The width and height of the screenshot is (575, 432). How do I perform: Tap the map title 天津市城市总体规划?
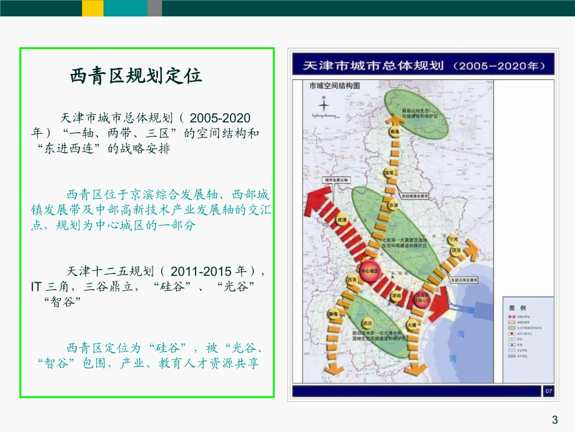click(370, 65)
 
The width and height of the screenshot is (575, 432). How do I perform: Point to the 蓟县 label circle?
click(395, 131)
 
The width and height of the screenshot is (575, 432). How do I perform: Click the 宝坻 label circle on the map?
click(389, 173)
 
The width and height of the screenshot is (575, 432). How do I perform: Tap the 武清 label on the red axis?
click(341, 222)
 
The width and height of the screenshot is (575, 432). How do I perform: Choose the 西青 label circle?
click(350, 280)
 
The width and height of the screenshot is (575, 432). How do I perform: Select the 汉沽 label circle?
click(455, 250)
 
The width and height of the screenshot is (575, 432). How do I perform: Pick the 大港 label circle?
click(412, 325)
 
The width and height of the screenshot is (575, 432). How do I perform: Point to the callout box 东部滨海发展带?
click(464, 281)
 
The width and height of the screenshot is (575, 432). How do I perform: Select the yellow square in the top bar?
click(93, 8)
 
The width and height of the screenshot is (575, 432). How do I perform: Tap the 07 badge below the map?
click(548, 391)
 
